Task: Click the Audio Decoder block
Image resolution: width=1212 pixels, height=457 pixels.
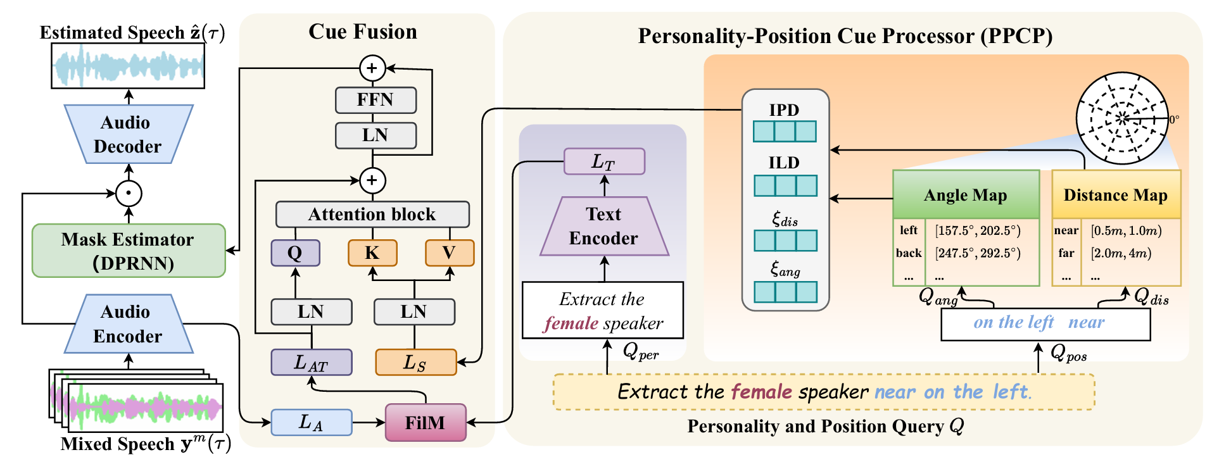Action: [128, 134]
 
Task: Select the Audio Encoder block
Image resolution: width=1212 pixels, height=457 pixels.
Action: [128, 323]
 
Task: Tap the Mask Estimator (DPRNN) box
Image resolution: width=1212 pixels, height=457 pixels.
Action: [129, 251]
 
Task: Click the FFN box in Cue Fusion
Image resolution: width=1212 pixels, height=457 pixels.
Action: [376, 100]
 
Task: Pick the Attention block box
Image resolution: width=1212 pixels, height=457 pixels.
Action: [372, 215]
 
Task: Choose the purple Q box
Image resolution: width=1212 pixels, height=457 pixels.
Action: [295, 253]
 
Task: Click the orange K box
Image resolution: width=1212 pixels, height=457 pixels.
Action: [372, 253]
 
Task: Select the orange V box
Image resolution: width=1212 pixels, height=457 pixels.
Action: [450, 253]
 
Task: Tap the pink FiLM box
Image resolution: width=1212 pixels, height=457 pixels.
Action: [426, 423]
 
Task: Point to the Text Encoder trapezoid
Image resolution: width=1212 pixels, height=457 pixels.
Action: [604, 227]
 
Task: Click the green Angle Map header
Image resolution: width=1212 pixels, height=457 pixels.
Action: [966, 195]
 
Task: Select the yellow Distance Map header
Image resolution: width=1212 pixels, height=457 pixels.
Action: [1116, 195]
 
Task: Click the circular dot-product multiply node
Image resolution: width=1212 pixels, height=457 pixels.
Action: [129, 193]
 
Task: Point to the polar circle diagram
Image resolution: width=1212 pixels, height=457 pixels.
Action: [1122, 118]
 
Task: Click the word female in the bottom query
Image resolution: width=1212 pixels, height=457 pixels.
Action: [761, 392]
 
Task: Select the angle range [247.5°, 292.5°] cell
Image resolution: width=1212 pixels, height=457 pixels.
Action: [978, 253]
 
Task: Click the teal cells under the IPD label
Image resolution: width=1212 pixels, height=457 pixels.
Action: [785, 132]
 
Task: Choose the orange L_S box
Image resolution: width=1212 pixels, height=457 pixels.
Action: [415, 363]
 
